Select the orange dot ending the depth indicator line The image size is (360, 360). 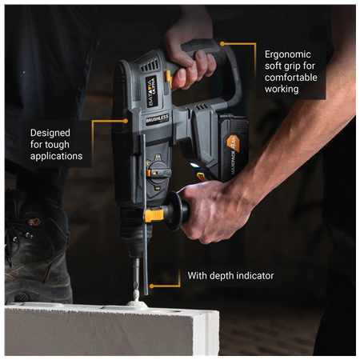click(152, 284)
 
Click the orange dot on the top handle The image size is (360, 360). click(222, 44)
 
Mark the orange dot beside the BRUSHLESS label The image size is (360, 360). click(126, 121)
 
